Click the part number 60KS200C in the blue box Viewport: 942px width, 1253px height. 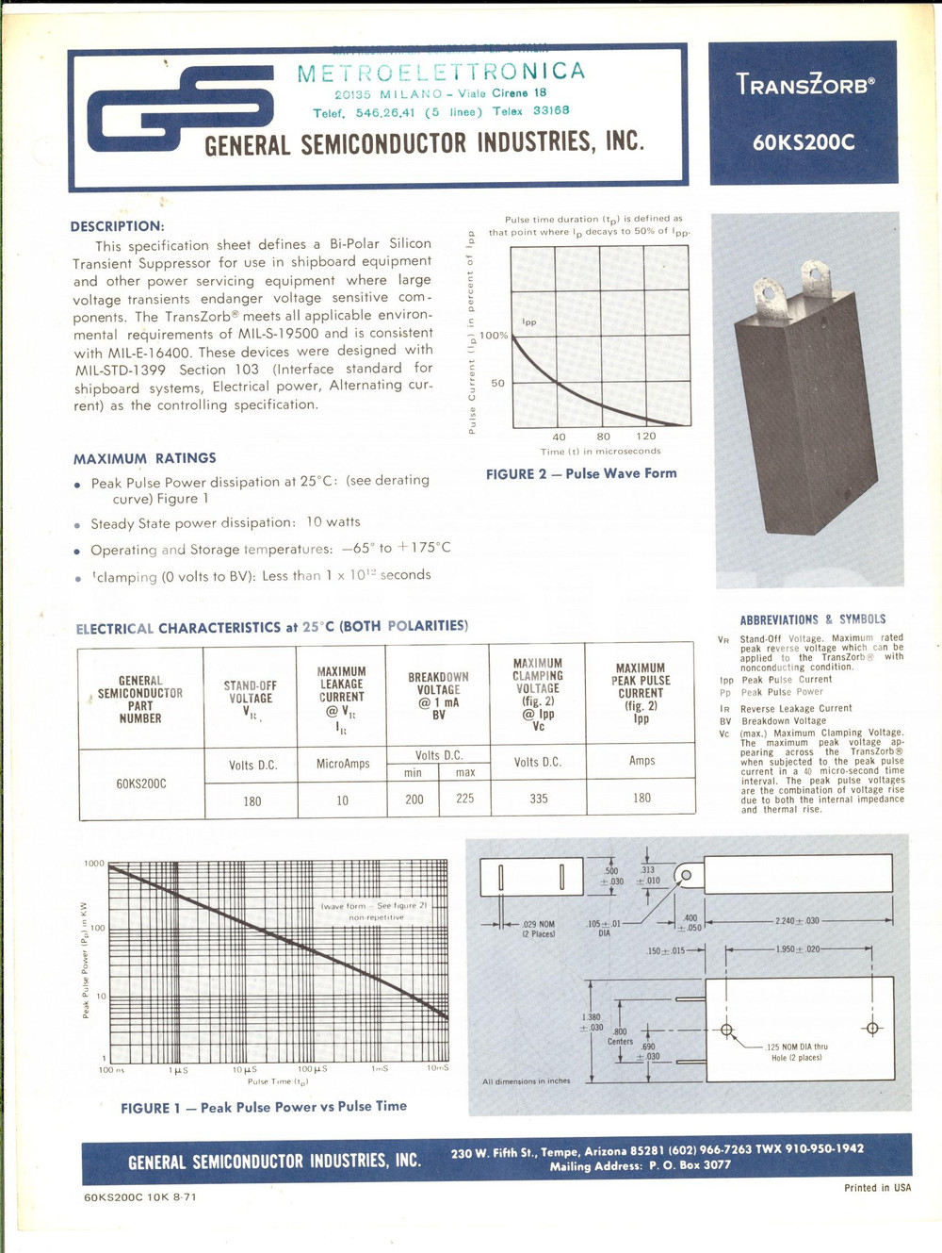(x=804, y=142)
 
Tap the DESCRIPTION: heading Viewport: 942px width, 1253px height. (x=117, y=226)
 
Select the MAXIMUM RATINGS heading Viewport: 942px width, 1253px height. (x=145, y=458)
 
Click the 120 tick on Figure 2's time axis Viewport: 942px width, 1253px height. (x=646, y=437)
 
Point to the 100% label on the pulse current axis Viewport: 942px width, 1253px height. (x=494, y=336)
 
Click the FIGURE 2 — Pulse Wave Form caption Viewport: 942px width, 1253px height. (x=581, y=473)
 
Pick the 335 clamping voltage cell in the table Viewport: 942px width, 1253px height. (x=538, y=799)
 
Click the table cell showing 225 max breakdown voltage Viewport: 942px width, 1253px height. (x=464, y=799)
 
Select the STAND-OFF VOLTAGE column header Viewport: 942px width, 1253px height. (x=250, y=693)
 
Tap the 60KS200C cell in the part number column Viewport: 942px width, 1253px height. (x=141, y=783)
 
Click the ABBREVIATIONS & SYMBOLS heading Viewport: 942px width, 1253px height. (x=812, y=619)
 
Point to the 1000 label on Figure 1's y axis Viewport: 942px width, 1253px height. (x=94, y=864)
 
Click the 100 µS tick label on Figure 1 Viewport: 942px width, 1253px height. (x=312, y=1069)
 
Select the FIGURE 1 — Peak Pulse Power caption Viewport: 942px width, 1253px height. (x=264, y=1107)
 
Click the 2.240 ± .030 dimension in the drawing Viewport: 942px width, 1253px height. (x=797, y=920)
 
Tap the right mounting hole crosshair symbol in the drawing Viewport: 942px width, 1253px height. (x=872, y=1029)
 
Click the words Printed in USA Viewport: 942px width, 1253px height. (x=877, y=1188)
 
